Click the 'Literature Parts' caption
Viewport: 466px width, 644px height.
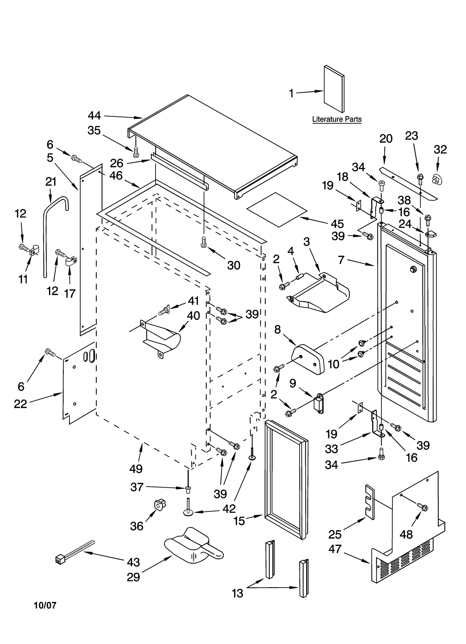(x=337, y=119)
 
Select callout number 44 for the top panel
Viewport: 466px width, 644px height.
(x=94, y=116)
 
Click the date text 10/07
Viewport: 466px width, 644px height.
(x=45, y=605)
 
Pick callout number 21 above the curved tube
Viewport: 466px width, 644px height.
(x=51, y=182)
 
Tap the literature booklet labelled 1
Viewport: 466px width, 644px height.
(x=334, y=89)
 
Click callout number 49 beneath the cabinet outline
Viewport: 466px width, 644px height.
(x=136, y=469)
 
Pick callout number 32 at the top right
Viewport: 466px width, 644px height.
(x=440, y=150)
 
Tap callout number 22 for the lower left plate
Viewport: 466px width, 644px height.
(x=20, y=404)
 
